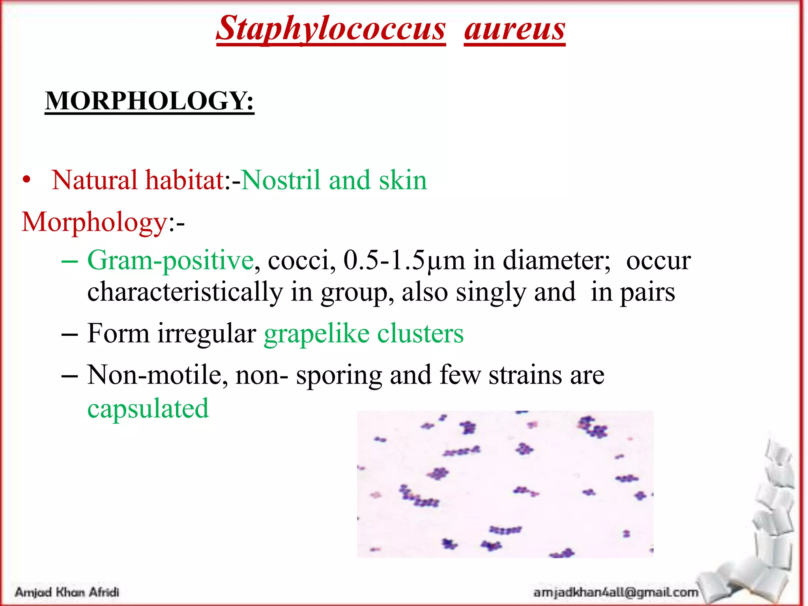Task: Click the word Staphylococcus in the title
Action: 331,28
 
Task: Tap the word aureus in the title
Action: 514,28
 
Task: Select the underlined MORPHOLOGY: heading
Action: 150,101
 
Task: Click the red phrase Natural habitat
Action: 138,180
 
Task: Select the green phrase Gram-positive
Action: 170,260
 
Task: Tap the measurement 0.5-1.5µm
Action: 404,260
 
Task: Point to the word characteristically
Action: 185,292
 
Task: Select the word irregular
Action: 207,334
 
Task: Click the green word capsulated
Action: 148,408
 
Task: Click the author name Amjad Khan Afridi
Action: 67,592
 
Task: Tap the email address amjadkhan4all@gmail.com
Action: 615,592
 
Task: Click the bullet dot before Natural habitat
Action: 26,180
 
